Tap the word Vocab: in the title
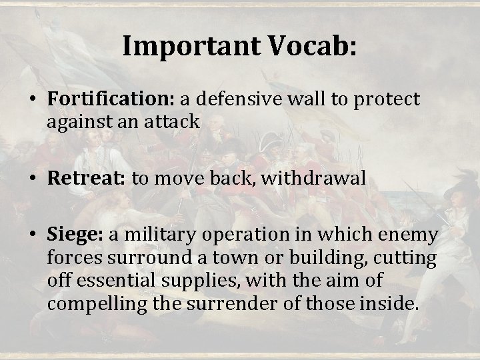pyautogui.click(x=311, y=47)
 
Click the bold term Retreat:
pyautogui.click(x=89, y=178)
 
